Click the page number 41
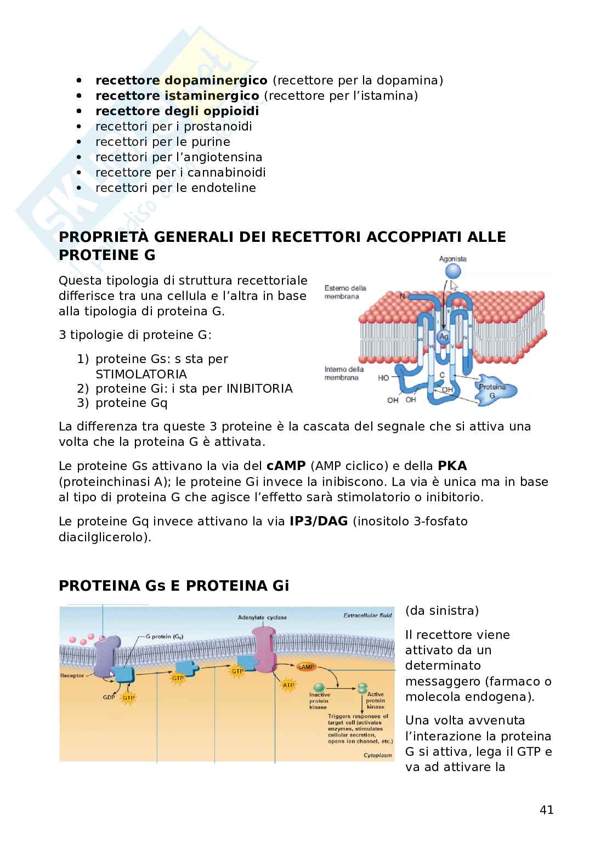(x=546, y=810)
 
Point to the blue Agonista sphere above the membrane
(x=452, y=271)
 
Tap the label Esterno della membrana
(x=345, y=292)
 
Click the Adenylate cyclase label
(x=262, y=617)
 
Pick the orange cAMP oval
(x=306, y=667)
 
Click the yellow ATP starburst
(x=288, y=685)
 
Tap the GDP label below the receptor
(x=109, y=698)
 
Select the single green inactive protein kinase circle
(x=319, y=687)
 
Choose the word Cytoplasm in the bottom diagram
(x=378, y=755)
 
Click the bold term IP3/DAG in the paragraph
(x=319, y=522)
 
